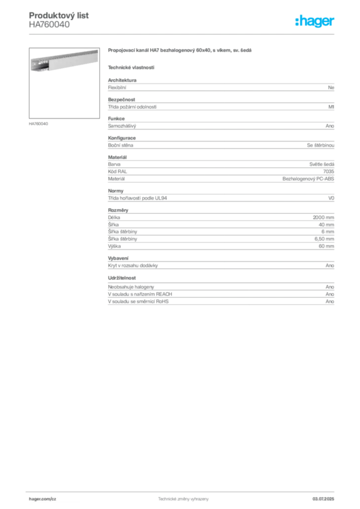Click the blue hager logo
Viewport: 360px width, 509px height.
coord(316,22)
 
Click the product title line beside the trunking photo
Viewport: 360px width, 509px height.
coord(181,51)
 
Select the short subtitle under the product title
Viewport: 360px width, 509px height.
coord(131,67)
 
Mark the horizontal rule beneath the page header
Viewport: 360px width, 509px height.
coord(183,33)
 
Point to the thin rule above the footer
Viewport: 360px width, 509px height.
coord(183,491)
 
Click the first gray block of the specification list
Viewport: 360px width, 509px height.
coord(220,86)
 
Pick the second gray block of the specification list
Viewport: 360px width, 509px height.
coord(220,104)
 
